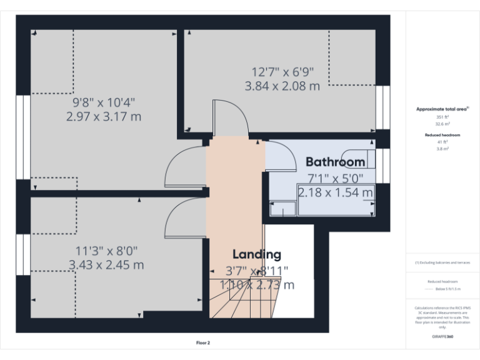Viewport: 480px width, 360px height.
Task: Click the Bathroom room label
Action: click(335, 162)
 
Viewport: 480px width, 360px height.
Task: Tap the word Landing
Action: click(257, 254)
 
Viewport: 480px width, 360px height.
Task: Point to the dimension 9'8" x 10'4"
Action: click(104, 102)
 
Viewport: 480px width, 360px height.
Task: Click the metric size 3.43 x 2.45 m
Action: click(106, 264)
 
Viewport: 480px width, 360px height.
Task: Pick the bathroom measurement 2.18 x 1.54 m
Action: click(336, 192)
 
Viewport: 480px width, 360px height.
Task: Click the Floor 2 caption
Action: click(203, 342)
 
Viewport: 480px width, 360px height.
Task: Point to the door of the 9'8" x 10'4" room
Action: click(184, 166)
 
